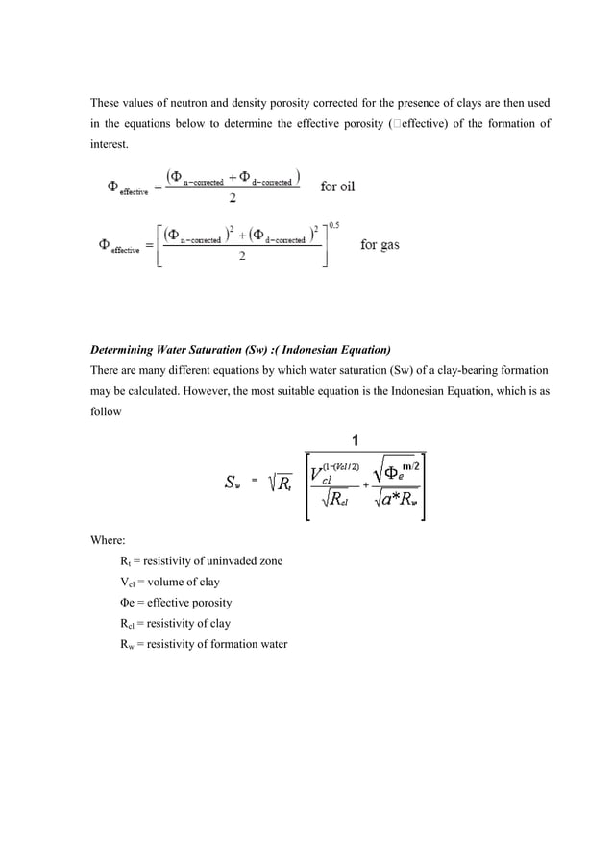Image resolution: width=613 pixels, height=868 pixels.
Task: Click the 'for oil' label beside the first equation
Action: tap(337, 186)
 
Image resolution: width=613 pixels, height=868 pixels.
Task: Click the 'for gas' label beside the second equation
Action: tap(380, 244)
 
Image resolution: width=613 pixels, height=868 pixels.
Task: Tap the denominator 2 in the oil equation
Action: tap(233, 200)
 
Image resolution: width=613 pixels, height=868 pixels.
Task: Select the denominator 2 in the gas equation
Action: tap(240, 258)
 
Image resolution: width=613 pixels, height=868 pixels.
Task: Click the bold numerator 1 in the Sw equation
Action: tap(356, 441)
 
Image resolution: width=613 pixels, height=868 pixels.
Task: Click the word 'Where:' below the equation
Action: tap(108, 540)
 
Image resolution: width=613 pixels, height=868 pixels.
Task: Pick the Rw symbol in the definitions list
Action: tap(126, 645)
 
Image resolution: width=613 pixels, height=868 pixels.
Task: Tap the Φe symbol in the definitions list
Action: tap(125, 603)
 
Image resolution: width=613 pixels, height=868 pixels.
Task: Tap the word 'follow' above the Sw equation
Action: tap(105, 413)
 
